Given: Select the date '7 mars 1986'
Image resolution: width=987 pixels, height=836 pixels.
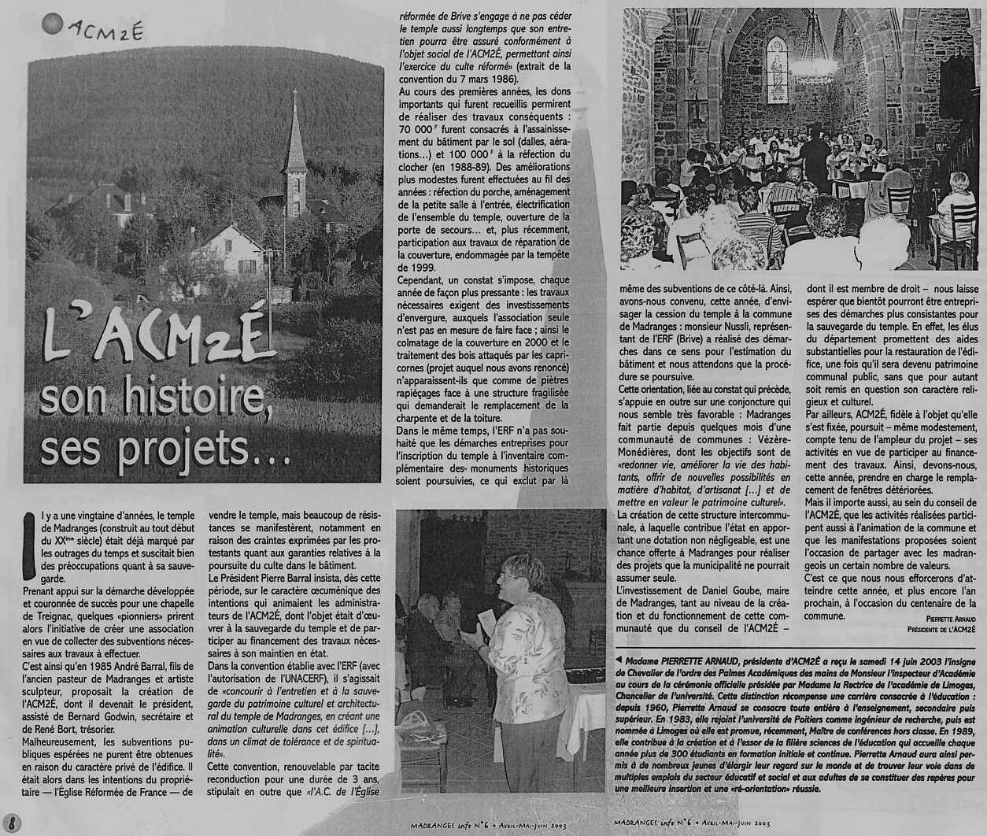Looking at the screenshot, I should coord(486,80).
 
